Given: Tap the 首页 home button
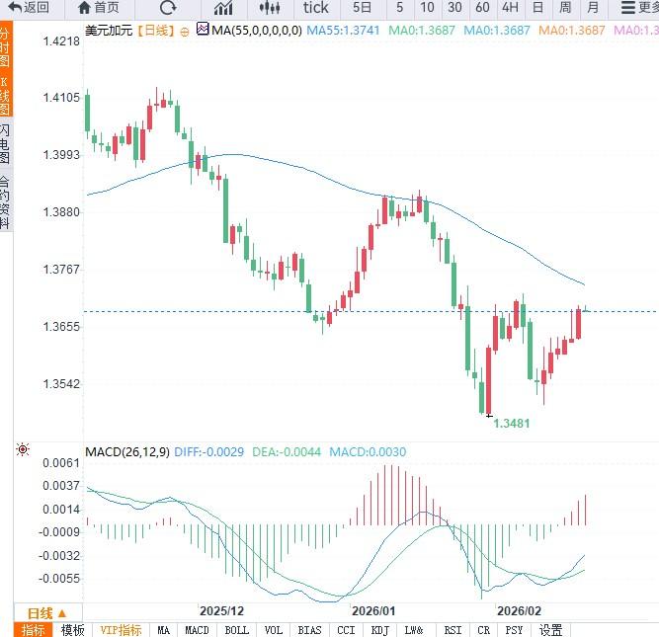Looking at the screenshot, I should pos(99,8).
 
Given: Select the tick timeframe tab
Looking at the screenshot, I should pos(316,8).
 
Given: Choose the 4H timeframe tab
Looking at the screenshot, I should pos(510,8).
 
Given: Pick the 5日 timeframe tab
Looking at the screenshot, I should pos(362,8).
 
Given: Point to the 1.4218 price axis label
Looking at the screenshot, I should pos(61,41).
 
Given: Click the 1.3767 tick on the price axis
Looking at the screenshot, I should pos(61,269).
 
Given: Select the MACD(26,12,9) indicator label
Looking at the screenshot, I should pos(126,452).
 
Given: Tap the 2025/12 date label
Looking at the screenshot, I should pos(221,612).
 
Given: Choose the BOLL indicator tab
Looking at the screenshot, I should pos(237,630).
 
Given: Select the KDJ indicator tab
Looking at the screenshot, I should pos(379,630).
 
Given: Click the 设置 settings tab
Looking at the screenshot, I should pos(551,630).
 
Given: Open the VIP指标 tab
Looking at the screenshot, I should pos(122,630).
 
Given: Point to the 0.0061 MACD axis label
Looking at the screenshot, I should pos(61,462).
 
